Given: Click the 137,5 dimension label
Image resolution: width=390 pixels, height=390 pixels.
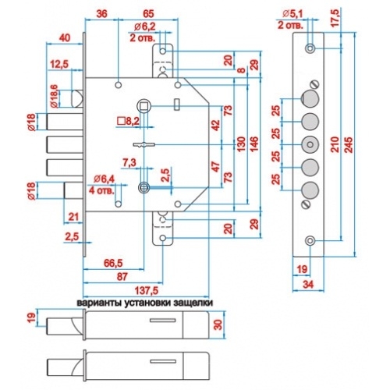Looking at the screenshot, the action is (147, 290).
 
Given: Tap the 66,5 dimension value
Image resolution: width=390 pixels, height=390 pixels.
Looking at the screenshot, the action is (113, 263).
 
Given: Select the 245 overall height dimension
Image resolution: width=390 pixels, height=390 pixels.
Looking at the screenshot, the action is (349, 144).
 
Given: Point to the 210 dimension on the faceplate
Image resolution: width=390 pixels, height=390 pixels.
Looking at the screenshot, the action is (335, 144).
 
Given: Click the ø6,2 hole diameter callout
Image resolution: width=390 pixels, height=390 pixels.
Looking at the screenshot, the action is (144, 27).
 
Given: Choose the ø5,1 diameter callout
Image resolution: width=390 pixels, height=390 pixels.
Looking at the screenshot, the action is (292, 14).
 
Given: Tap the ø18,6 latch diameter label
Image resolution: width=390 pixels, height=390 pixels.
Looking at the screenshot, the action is (54, 96).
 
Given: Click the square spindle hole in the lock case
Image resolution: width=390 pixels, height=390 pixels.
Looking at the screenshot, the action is (144, 105).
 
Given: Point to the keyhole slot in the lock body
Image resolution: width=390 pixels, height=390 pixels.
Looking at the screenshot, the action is (144, 144).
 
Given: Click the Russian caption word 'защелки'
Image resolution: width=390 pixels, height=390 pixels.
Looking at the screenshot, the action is (193, 303).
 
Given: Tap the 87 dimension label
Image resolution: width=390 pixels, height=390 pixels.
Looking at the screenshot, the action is (122, 277).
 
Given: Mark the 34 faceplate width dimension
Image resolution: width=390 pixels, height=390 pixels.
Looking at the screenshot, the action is (308, 285).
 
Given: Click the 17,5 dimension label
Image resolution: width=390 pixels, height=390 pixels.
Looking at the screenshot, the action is (335, 18).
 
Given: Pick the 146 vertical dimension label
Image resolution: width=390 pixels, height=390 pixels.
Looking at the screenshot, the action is (254, 144).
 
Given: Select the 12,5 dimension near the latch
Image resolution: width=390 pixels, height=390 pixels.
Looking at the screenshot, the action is (59, 64).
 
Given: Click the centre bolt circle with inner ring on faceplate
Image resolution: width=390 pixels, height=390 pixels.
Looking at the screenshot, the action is (310, 144).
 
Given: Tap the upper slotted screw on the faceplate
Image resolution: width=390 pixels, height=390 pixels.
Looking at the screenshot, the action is (314, 84).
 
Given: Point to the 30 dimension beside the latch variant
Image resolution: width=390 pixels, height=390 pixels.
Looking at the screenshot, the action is (219, 324).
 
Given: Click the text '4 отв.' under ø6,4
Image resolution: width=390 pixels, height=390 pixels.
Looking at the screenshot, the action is (101, 190).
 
